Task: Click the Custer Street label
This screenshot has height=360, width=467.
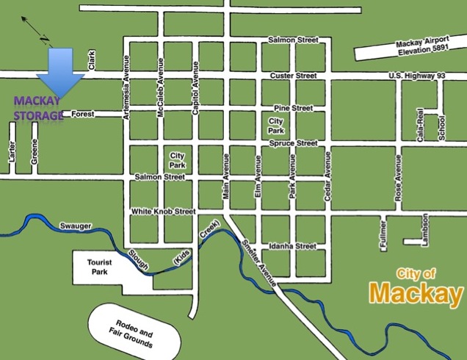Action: click(292, 76)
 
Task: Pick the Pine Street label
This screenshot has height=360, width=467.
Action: click(293, 108)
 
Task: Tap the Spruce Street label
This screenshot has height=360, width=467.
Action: click(293, 143)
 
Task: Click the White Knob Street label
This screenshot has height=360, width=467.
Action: click(163, 212)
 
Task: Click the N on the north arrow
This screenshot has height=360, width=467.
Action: click(43, 38)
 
